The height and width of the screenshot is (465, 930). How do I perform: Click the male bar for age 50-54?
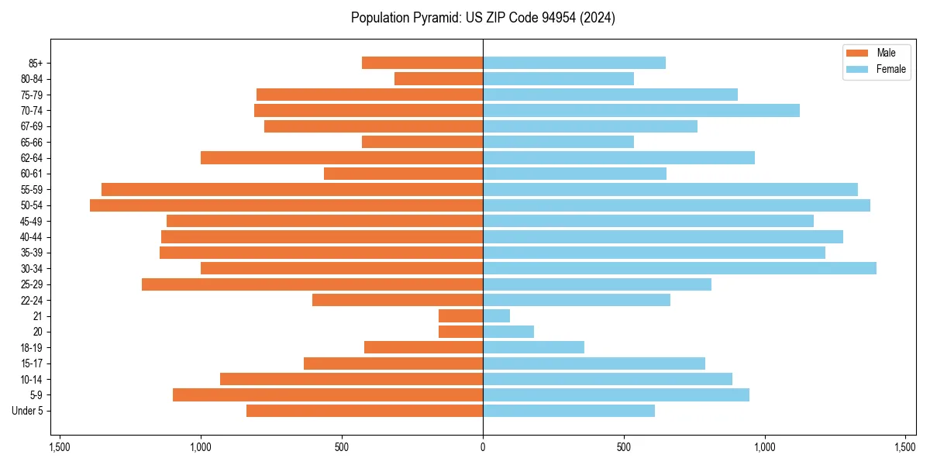coord(286,205)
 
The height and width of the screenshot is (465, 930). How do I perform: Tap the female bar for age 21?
coord(496,316)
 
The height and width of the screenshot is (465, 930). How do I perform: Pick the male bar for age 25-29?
coord(312,284)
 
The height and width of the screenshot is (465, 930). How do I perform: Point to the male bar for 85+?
coord(422,63)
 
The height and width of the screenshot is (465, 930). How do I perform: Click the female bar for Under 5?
coord(568,411)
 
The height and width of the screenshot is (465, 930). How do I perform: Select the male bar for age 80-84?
coord(439,79)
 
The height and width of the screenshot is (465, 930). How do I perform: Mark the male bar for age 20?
coord(460,332)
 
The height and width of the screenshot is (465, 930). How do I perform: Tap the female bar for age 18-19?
coord(533,347)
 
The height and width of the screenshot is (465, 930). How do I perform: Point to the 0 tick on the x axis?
coord(483,447)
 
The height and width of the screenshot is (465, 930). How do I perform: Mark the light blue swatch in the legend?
coord(857,70)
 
